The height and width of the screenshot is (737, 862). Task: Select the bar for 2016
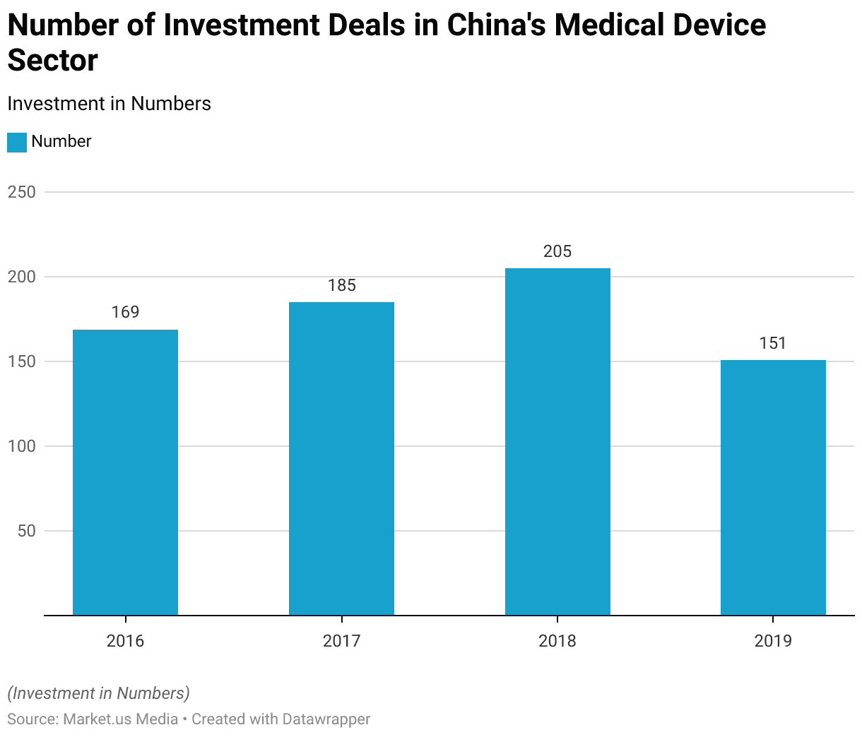coord(125,472)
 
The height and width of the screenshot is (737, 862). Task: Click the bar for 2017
coord(341,459)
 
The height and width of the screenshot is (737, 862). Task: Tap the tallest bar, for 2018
coord(557,442)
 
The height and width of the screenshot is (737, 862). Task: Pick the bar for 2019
coord(773,488)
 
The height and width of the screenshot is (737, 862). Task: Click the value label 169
coord(125,312)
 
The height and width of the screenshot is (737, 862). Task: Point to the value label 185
coord(341,285)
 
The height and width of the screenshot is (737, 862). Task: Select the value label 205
coord(557,251)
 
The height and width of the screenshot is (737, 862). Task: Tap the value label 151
coord(773,343)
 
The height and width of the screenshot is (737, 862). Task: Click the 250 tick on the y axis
coord(21,192)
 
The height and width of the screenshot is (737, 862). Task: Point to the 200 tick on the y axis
coord(21,277)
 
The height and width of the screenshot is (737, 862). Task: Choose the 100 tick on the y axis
coord(21,446)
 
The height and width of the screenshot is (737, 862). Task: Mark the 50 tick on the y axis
coord(26,531)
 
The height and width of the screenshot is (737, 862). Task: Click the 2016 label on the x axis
coord(125,641)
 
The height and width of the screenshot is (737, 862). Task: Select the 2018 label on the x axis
coord(557,641)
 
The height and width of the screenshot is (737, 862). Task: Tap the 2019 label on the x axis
coord(773,641)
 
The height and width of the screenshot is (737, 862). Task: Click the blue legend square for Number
coord(17,142)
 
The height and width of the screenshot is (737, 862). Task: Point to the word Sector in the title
coord(52,61)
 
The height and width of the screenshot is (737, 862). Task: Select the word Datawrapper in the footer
coord(326,719)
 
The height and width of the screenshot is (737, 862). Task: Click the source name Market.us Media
coord(120,719)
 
